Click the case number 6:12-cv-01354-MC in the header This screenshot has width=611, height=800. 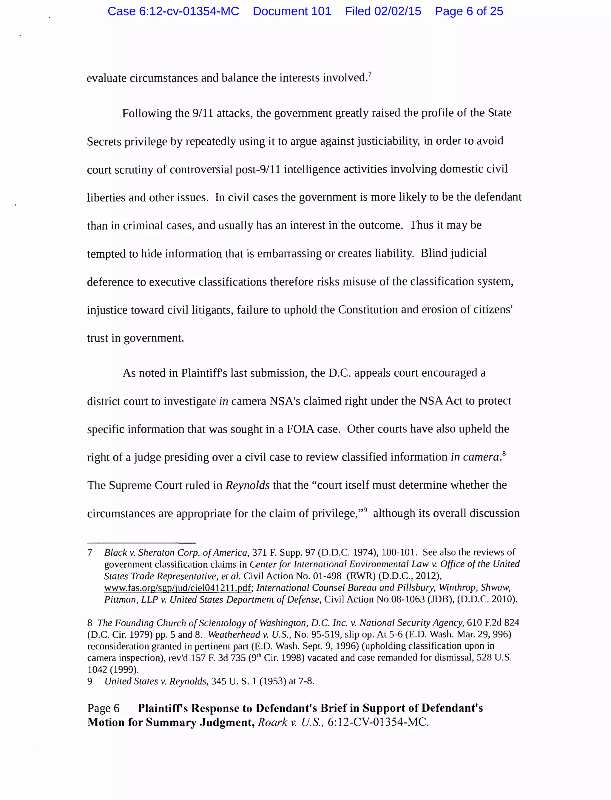click(173, 11)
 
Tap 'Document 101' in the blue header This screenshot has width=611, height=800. click(292, 11)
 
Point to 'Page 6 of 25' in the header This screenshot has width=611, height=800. click(469, 11)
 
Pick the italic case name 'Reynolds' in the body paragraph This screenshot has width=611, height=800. click(247, 485)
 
